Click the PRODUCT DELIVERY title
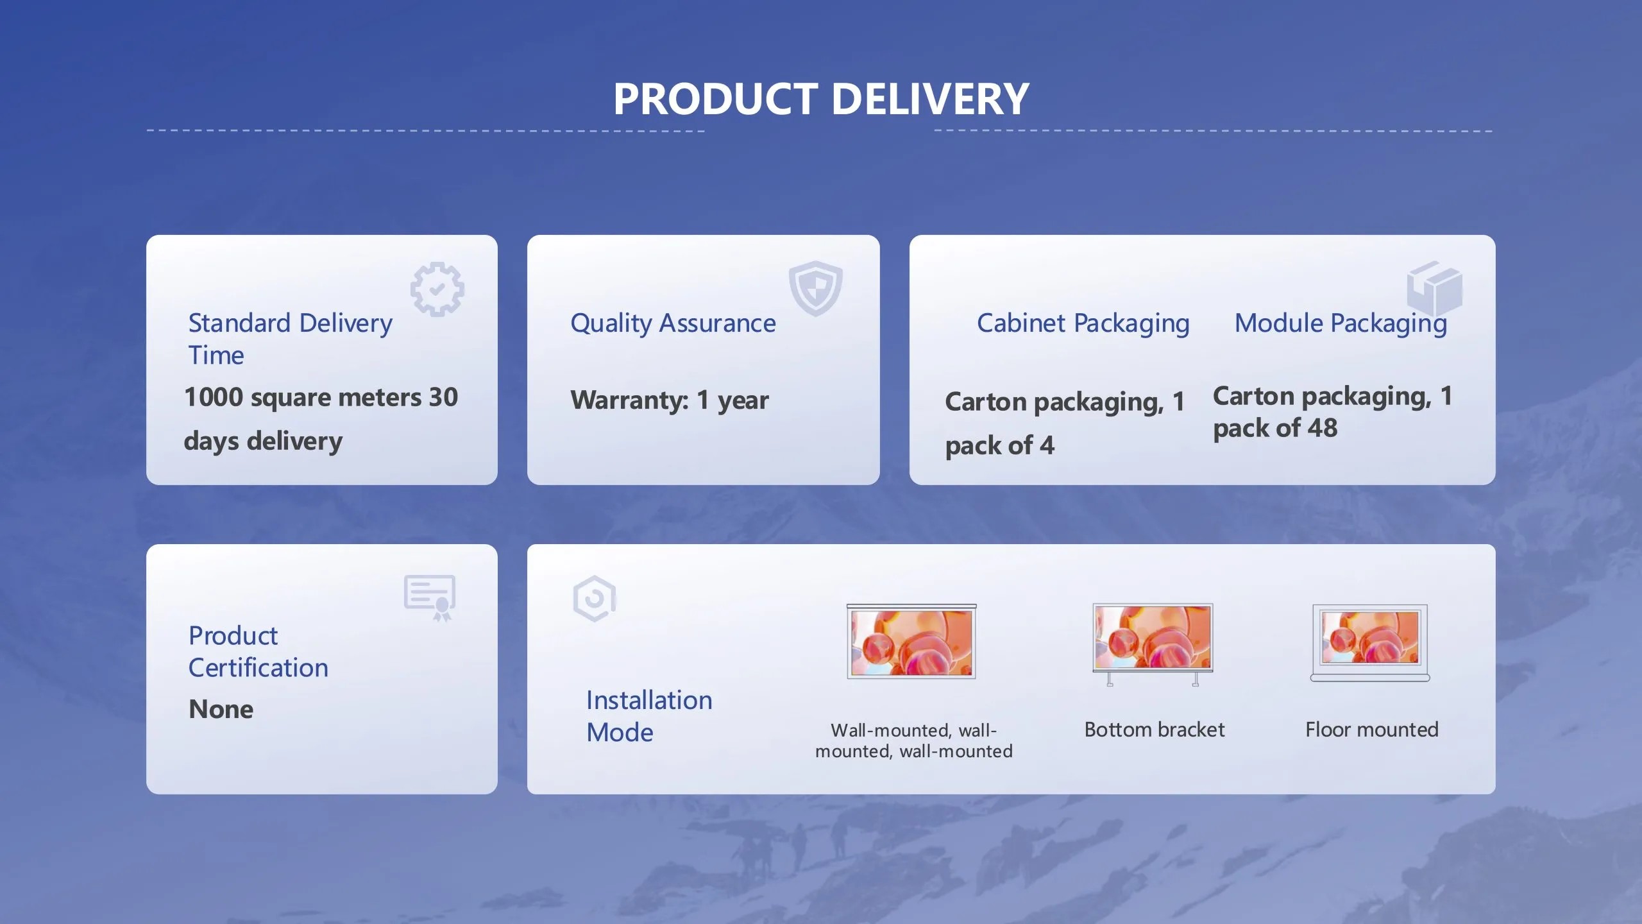(821, 99)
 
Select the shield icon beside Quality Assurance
(815, 288)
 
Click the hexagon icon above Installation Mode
(594, 599)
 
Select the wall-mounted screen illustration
(911, 641)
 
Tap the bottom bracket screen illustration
(1153, 644)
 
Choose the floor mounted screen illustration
(1370, 642)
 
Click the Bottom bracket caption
(1155, 730)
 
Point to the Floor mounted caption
(1372, 730)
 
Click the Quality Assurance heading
(673, 324)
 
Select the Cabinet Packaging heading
(1083, 324)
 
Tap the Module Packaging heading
(1341, 324)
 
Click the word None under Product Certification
(221, 710)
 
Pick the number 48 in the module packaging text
(1322, 428)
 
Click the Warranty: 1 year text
(670, 400)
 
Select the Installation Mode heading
(649, 716)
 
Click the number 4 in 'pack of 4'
(1047, 445)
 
